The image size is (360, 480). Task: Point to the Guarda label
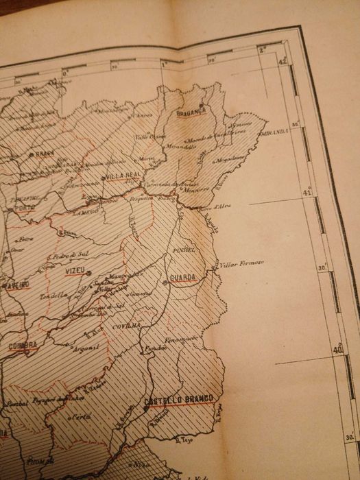pos(184,278)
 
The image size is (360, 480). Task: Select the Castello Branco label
pos(180,399)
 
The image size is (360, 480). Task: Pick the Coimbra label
pos(23,346)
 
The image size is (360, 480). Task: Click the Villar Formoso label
pos(240,263)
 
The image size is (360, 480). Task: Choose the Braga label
pos(45,154)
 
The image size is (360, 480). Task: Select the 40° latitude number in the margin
pos(337,349)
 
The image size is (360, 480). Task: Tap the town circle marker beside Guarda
pos(165,281)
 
